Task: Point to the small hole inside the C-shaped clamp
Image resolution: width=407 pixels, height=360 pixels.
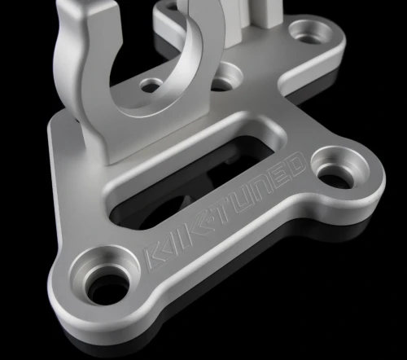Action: tap(152, 84)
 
